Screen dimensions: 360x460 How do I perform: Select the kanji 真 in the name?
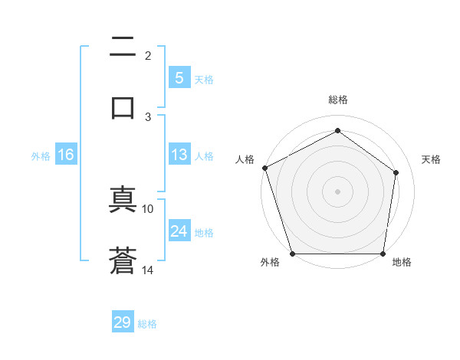pyautogui.click(x=123, y=201)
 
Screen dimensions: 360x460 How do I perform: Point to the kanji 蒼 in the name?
pyautogui.click(x=123, y=260)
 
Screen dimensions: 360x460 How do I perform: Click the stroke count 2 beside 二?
pyautogui.click(x=148, y=56)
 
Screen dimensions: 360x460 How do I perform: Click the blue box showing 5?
pyautogui.click(x=179, y=78)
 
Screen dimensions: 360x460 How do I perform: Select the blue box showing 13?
pyautogui.click(x=179, y=155)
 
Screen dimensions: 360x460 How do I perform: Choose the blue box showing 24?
pyautogui.click(x=179, y=231)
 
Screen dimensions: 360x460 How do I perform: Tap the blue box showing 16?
pyautogui.click(x=66, y=155)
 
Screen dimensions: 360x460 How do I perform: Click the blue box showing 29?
pyautogui.click(x=123, y=322)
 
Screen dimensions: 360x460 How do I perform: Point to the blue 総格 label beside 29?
pyautogui.click(x=147, y=324)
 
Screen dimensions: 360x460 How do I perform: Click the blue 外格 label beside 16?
pyautogui.click(x=41, y=155)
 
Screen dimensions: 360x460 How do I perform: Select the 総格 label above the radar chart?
pyautogui.click(x=337, y=100)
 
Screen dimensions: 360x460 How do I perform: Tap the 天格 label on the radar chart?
pyautogui.click(x=431, y=159)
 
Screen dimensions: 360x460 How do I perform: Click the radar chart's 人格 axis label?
pyautogui.click(x=245, y=159)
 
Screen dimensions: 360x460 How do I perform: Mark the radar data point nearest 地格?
pyautogui.click(x=383, y=254)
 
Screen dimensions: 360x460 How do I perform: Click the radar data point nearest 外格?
pyautogui.click(x=292, y=254)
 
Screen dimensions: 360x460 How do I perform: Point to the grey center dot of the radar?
pyautogui.click(x=337, y=191)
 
